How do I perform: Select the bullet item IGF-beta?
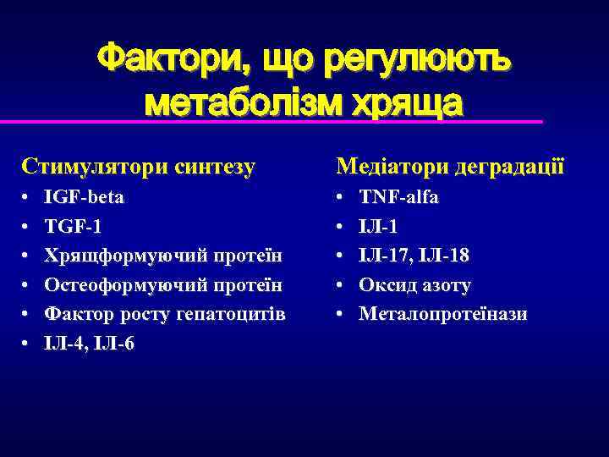pos(85,197)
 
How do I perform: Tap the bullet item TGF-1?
pos(76,227)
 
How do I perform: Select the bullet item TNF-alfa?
pos(398,197)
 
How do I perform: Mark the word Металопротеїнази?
pos(442,314)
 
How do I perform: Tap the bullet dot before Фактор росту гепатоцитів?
pos(26,315)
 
